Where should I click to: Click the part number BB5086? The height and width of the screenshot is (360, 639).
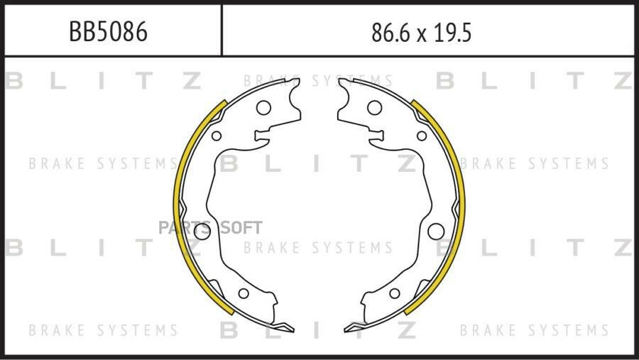[108, 32]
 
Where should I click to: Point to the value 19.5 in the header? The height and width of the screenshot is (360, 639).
[452, 33]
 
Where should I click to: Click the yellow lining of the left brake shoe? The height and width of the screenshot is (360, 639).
[176, 204]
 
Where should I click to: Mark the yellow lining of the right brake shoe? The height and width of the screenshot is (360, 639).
[461, 204]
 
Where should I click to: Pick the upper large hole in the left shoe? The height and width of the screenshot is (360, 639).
[263, 108]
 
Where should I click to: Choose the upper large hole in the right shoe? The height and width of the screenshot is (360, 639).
[374, 108]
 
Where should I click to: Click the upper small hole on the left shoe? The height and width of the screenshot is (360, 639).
[217, 136]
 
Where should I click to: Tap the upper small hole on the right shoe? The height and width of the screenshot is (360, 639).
[422, 136]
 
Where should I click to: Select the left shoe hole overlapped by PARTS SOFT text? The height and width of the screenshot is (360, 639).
[202, 231]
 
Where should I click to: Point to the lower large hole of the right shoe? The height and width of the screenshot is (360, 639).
[436, 231]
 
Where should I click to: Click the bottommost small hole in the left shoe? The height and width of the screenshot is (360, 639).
[244, 293]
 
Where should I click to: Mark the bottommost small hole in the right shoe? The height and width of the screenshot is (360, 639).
[395, 293]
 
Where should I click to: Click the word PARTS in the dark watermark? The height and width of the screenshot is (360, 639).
[185, 228]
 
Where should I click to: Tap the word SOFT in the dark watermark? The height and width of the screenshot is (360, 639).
[241, 228]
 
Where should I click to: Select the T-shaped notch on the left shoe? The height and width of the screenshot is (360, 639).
[262, 136]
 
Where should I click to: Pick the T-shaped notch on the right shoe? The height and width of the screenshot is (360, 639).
[376, 136]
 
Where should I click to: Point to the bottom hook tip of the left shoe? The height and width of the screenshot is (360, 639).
[293, 329]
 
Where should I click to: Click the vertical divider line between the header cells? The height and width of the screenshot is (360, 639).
[222, 30]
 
